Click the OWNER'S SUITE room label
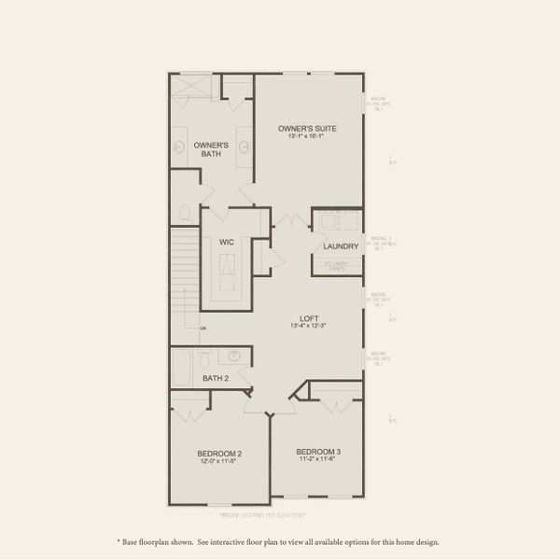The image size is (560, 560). point(307,128)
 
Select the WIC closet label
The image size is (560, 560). point(226,242)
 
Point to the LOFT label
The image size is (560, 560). point(307,316)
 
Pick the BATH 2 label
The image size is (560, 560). point(216,378)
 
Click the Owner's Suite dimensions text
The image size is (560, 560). point(307,137)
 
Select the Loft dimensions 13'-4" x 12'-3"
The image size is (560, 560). point(307,326)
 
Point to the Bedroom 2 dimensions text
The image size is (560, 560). point(219,461)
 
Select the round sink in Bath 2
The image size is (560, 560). point(235,356)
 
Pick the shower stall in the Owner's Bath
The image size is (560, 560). point(192,90)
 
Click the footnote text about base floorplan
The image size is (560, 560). point(279,541)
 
